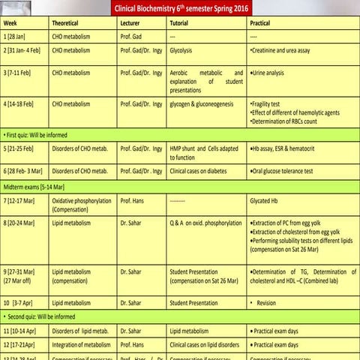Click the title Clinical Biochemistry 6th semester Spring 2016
point(181,9)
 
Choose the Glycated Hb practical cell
point(266,202)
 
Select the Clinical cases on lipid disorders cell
point(206,344)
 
